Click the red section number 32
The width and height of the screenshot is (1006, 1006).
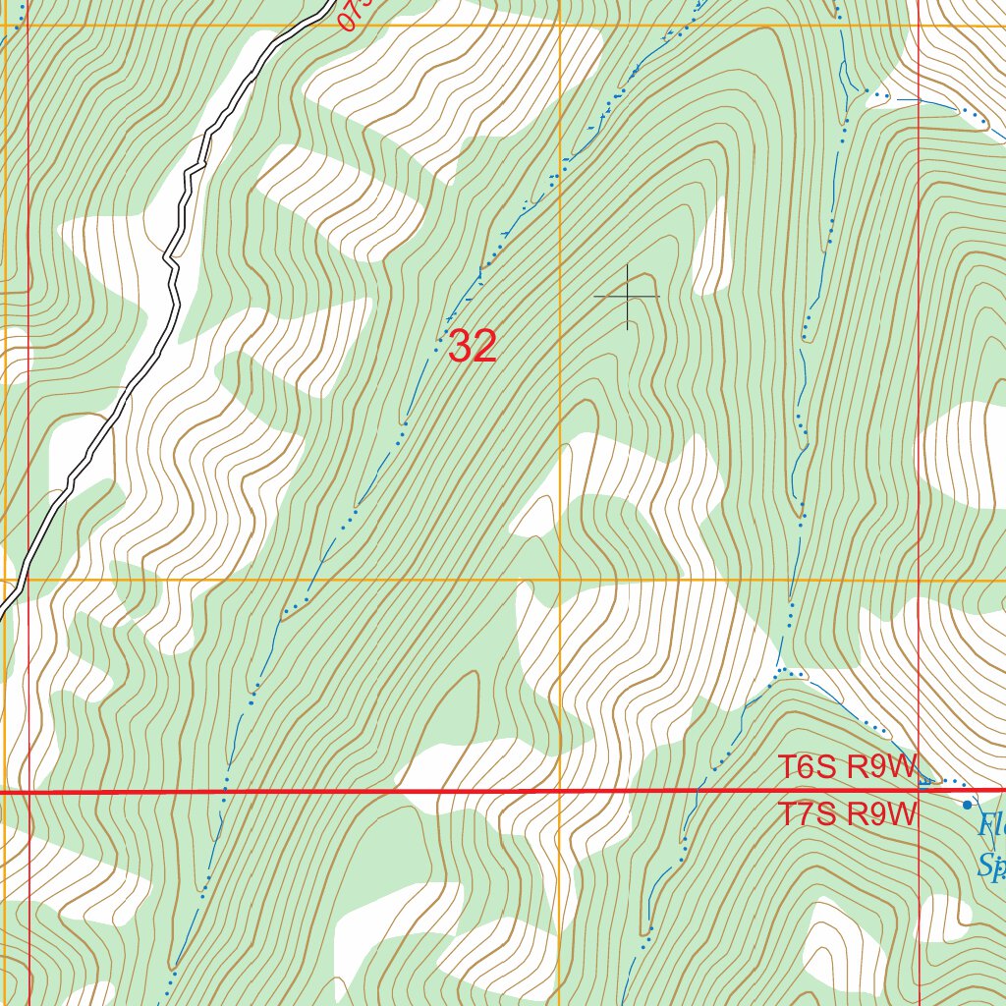click(x=473, y=347)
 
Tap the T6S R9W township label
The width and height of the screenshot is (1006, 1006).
click(x=847, y=767)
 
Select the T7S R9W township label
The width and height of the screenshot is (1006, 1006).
click(x=847, y=814)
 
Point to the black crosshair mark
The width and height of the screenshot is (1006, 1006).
click(x=627, y=296)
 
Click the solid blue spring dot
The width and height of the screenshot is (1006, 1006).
click(x=967, y=805)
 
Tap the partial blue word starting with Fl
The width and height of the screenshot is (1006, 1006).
click(x=991, y=825)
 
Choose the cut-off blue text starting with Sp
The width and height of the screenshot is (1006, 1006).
click(x=991, y=866)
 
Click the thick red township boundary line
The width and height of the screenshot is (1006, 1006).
click(x=295, y=791)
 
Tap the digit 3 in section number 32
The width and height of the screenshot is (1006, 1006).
click(x=460, y=347)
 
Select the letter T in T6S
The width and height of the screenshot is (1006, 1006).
click(x=786, y=767)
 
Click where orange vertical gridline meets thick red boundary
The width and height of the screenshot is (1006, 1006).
click(x=560, y=791)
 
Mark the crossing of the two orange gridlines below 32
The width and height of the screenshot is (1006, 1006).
click(x=560, y=580)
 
